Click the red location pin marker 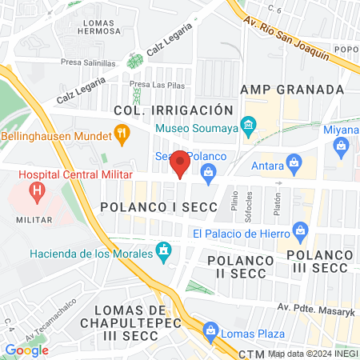tap(181, 163)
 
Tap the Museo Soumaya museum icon tap(249, 126)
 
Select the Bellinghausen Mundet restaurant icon tap(122, 134)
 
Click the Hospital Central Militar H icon tap(36, 191)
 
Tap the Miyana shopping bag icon tap(342, 146)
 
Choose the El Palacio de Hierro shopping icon tap(300, 234)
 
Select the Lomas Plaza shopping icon tap(210, 330)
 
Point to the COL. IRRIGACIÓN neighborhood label tap(173, 110)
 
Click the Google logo tap(26, 350)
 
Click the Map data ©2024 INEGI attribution tap(313, 353)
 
